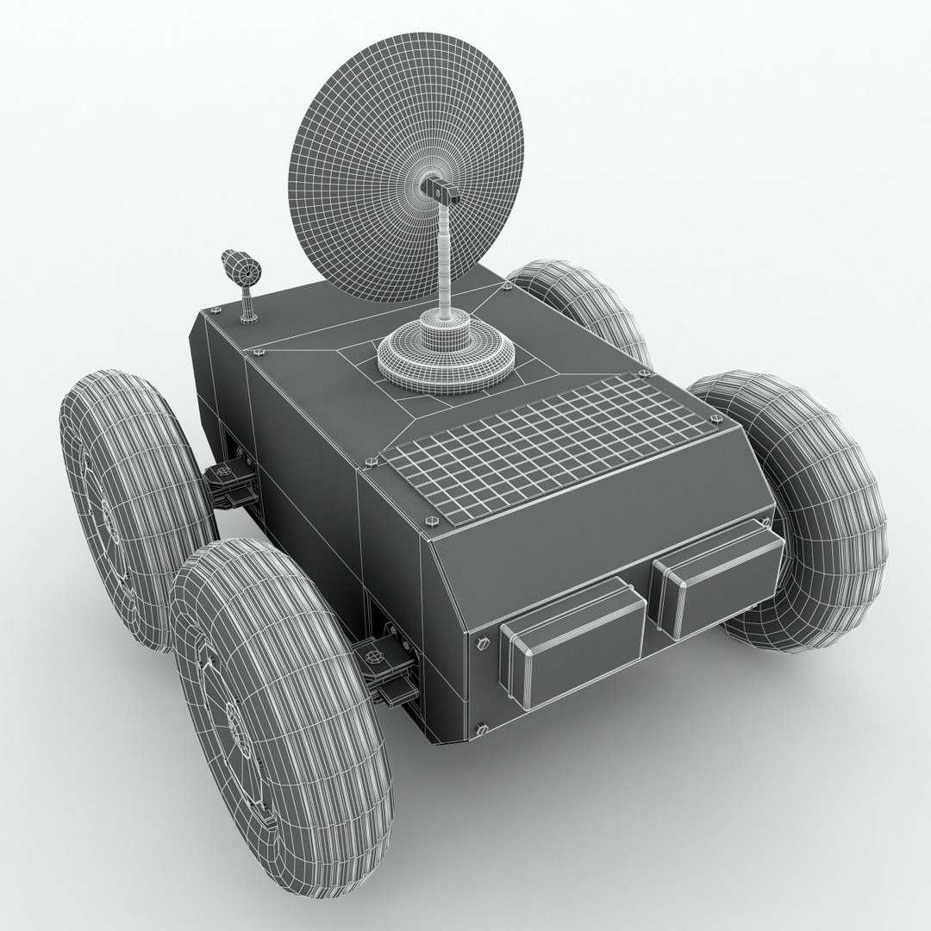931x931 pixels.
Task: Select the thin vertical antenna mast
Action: [x=446, y=259]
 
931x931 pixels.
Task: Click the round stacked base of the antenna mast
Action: [x=446, y=353]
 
